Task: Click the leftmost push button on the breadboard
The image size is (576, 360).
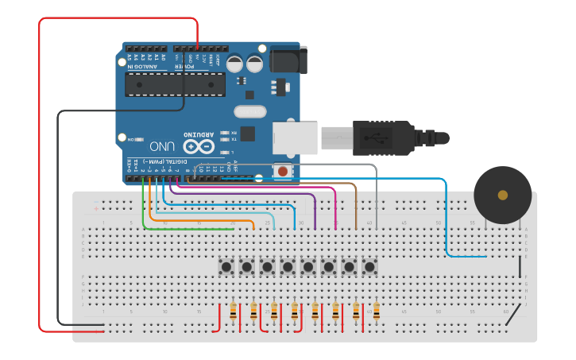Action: [x=226, y=265]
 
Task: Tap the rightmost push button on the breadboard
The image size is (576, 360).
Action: [x=369, y=265]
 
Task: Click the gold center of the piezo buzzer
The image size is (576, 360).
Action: [x=502, y=195]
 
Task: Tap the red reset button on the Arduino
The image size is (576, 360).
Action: [x=282, y=171]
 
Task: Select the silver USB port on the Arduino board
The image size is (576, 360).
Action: [x=295, y=138]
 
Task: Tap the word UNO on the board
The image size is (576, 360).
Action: [x=162, y=146]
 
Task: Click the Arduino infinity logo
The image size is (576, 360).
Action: [x=199, y=146]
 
